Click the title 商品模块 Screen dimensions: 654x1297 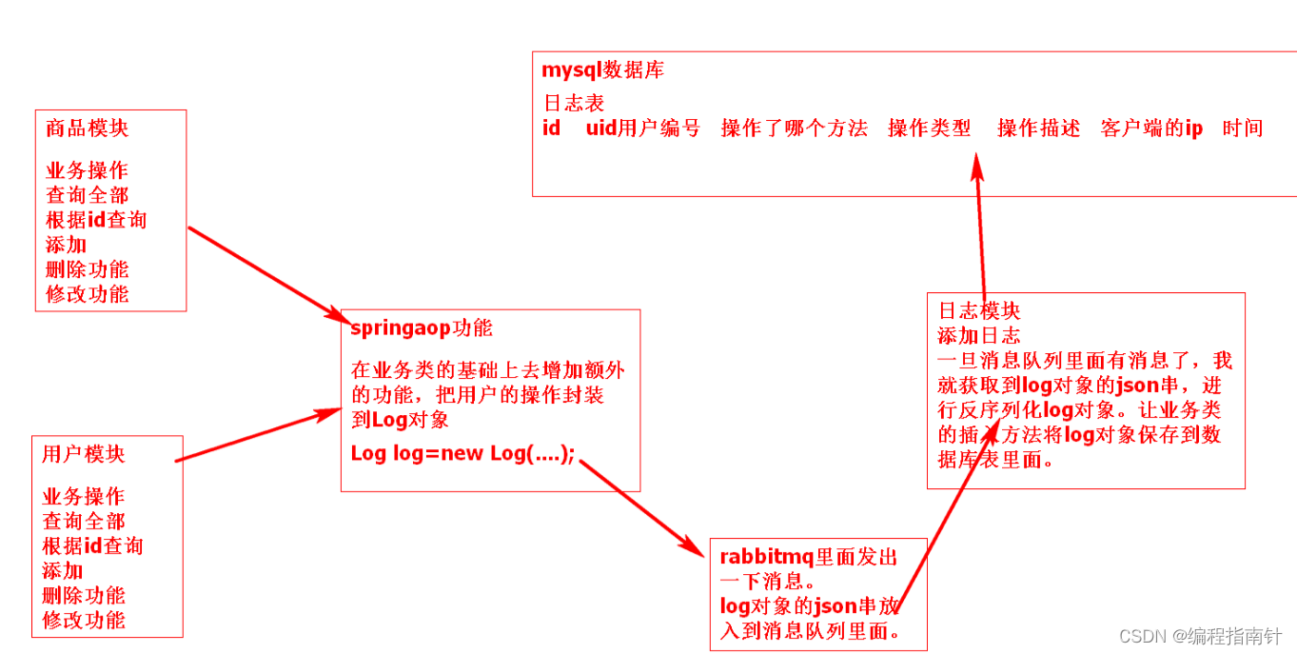(87, 128)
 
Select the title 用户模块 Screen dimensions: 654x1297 (83, 454)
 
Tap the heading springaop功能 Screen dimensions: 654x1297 (422, 328)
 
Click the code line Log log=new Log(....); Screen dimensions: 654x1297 (463, 453)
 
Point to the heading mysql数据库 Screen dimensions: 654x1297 (602, 69)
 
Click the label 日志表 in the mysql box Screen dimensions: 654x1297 (574, 103)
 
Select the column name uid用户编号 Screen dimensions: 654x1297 (642, 129)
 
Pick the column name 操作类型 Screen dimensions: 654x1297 (929, 129)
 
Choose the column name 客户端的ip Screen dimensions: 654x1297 (1151, 129)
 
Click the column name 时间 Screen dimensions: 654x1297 (1243, 129)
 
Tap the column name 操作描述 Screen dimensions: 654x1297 (1038, 129)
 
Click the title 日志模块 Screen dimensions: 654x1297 (978, 310)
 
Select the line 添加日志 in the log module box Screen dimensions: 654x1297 (978, 335)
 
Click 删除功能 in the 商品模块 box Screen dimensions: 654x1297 (87, 269)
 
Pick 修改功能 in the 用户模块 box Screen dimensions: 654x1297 (84, 620)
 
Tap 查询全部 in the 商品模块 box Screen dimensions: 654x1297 (87, 195)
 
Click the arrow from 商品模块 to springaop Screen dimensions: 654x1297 (266, 273)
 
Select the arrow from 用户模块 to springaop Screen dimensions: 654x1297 (257, 436)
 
